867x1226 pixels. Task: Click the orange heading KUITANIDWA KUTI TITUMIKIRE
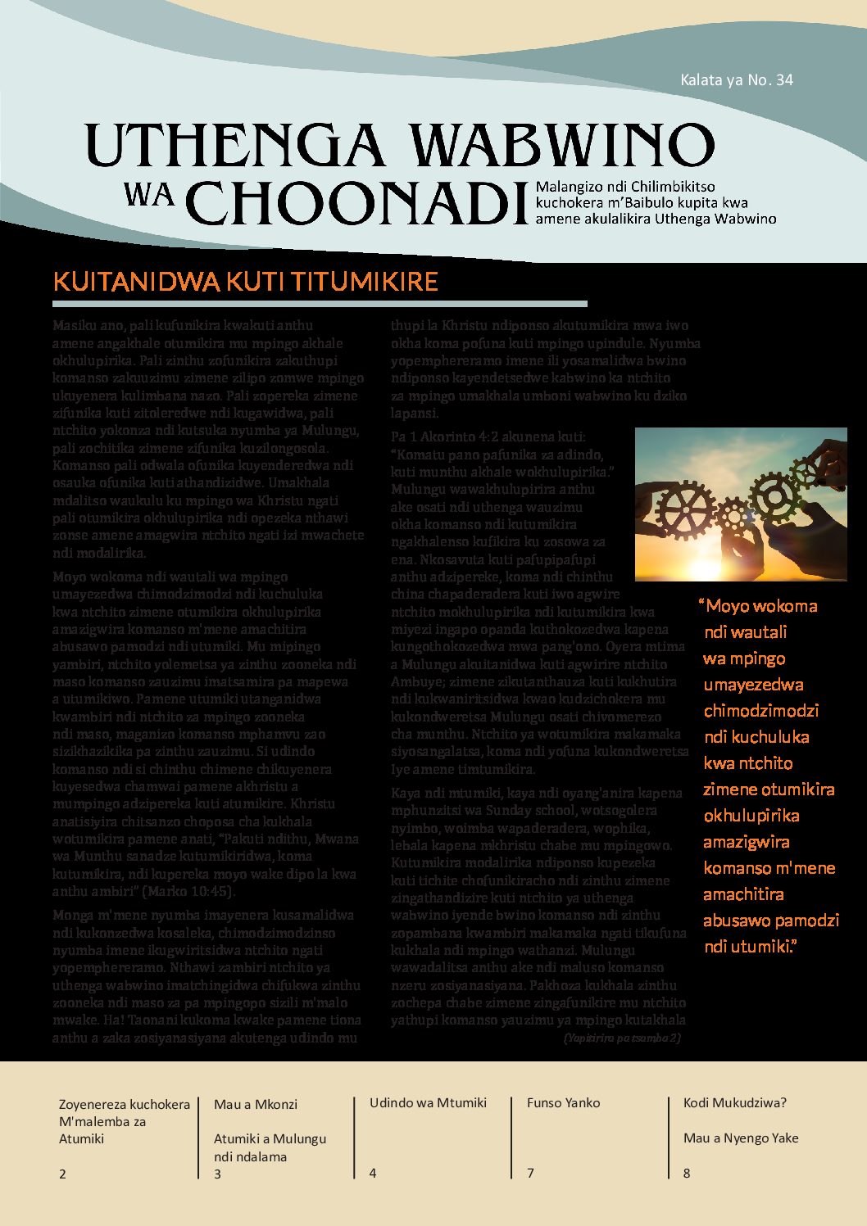(245, 282)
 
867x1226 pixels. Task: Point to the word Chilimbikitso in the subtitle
(668, 188)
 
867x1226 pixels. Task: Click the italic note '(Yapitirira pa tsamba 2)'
(622, 1038)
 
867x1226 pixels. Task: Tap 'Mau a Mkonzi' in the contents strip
(256, 1104)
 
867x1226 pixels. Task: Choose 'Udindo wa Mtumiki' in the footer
(428, 1102)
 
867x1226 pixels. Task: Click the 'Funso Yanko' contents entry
(564, 1102)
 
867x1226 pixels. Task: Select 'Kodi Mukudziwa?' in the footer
(734, 1102)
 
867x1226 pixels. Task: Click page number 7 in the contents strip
(530, 1173)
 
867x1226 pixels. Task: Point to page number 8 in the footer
(687, 1173)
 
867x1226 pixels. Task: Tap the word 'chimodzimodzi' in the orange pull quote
(761, 711)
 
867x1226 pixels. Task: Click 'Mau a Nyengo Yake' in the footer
(741, 1138)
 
